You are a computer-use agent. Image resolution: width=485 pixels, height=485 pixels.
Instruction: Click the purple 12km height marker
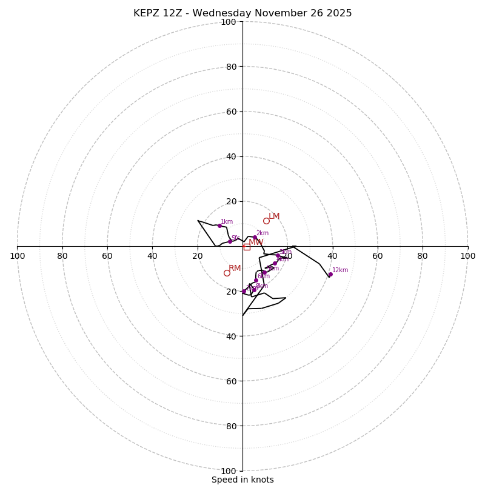click(330, 274)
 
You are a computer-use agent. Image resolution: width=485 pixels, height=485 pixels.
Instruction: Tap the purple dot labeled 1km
click(219, 226)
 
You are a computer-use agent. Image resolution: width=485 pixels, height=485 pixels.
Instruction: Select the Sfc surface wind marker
click(230, 241)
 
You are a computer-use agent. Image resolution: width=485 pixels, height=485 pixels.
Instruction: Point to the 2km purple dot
click(255, 238)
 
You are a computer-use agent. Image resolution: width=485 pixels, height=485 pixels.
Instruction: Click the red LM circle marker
click(266, 221)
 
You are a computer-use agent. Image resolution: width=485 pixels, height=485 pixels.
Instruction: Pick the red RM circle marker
click(227, 273)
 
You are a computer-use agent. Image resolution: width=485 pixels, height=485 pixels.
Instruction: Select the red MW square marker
click(247, 247)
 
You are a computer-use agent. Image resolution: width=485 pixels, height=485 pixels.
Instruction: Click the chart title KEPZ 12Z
click(242, 13)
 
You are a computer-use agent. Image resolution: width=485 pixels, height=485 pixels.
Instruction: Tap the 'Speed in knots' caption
click(242, 480)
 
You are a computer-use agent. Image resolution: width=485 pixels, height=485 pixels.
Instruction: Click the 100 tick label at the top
click(229, 22)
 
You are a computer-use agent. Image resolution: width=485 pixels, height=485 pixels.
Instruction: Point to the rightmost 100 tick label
click(468, 256)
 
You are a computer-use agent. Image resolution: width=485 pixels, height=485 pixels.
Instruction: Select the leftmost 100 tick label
click(17, 256)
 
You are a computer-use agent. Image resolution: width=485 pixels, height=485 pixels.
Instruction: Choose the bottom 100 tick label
click(229, 471)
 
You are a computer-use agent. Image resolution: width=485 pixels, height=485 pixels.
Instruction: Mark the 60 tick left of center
click(107, 256)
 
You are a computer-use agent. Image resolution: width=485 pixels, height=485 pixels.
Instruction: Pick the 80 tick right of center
click(423, 256)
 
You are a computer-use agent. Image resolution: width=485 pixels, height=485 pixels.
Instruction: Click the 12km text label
click(340, 270)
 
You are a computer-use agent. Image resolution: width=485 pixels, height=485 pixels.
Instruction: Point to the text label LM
click(274, 216)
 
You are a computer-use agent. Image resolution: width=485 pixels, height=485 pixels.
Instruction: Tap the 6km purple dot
click(256, 281)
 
